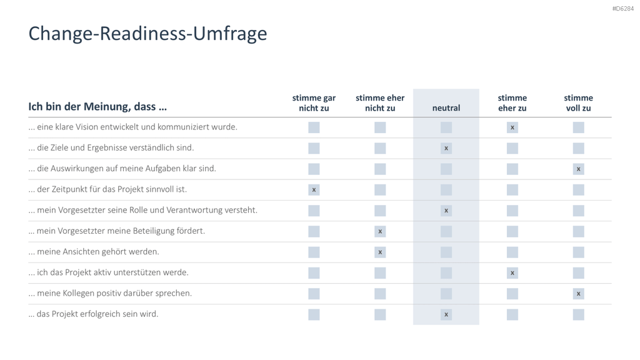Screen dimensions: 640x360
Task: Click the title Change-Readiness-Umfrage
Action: pyautogui.click(x=147, y=34)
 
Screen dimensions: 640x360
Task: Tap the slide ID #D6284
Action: pyautogui.click(x=623, y=9)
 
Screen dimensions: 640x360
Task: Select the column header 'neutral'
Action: pyautogui.click(x=446, y=107)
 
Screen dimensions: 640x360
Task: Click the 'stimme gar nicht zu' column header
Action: pyautogui.click(x=314, y=103)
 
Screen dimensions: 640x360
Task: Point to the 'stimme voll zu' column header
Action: pyautogui.click(x=578, y=103)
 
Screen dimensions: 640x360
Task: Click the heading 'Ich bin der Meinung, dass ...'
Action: pyautogui.click(x=97, y=106)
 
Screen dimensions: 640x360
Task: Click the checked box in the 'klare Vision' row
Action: pyautogui.click(x=512, y=127)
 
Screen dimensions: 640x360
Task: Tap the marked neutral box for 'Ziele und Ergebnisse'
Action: pyautogui.click(x=446, y=148)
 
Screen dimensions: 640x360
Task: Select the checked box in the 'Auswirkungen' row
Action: pyautogui.click(x=578, y=169)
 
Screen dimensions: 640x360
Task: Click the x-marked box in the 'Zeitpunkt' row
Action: pyautogui.click(x=314, y=190)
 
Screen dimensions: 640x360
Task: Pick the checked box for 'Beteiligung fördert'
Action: pyautogui.click(x=380, y=231)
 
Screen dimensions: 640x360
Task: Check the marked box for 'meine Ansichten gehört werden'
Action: pyautogui.click(x=380, y=252)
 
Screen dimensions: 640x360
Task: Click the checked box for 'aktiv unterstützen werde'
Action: pyautogui.click(x=512, y=273)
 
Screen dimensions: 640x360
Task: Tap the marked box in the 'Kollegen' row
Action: pyautogui.click(x=578, y=294)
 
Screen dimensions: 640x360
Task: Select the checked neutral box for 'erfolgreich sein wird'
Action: pyautogui.click(x=446, y=315)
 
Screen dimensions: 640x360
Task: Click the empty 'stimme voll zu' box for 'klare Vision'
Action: pyautogui.click(x=578, y=127)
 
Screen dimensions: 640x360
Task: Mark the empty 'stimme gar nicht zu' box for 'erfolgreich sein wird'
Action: pyautogui.click(x=314, y=315)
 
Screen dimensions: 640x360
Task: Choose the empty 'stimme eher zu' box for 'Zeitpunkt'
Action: pyautogui.click(x=512, y=190)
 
